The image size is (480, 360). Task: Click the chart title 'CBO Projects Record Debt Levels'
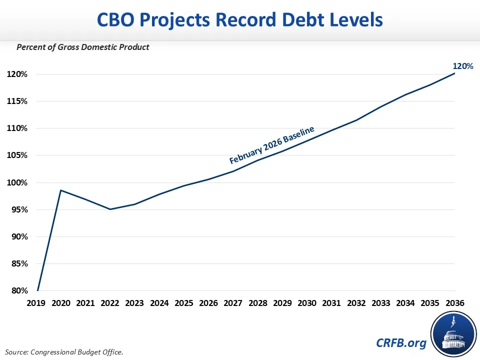tap(239, 19)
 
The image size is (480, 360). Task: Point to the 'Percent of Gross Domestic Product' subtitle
tap(83, 47)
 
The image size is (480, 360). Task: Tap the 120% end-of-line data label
tap(462, 65)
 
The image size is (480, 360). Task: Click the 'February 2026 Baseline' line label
tap(271, 145)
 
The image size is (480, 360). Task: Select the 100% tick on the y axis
tap(17, 182)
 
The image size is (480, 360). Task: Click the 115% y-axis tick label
tap(17, 101)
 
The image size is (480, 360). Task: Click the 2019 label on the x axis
tap(37, 303)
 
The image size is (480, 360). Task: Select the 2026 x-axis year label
tap(207, 303)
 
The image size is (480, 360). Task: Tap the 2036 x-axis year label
tap(454, 303)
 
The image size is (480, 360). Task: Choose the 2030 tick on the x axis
tap(306, 303)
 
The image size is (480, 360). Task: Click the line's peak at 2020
tap(61, 190)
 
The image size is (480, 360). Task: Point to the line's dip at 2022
tap(110, 209)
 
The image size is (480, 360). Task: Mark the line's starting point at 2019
tap(37, 290)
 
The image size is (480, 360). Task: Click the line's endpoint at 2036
tap(454, 73)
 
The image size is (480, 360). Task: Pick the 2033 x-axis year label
tap(380, 303)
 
